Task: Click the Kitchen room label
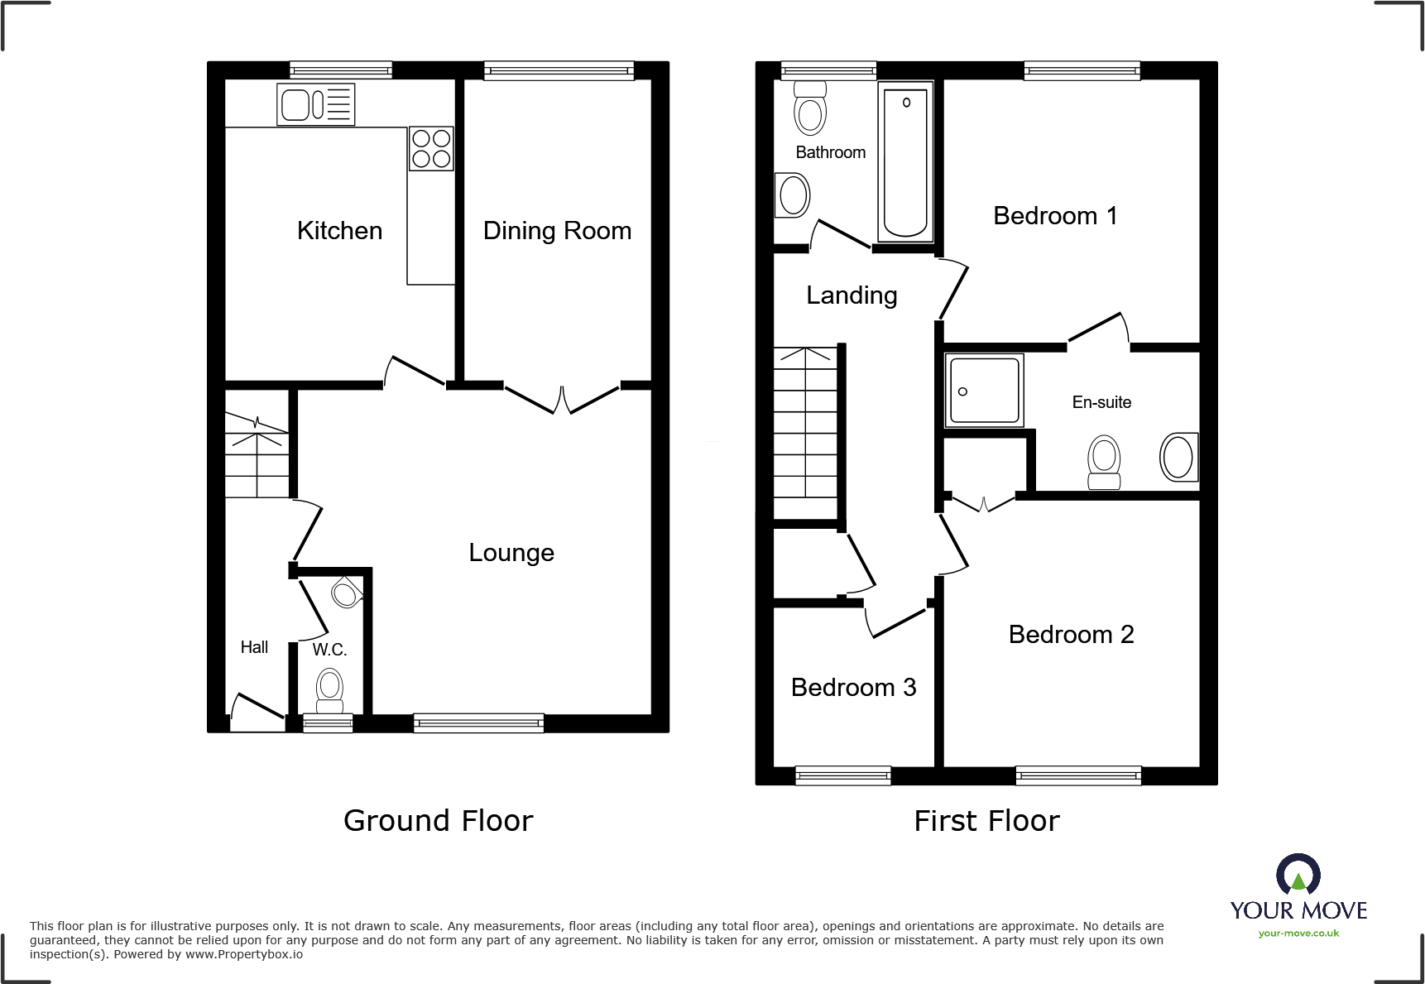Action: click(339, 231)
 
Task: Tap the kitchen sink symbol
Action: click(316, 104)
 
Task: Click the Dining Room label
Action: click(557, 231)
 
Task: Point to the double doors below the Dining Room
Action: click(562, 399)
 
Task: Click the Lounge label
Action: click(511, 553)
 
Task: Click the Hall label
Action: click(254, 647)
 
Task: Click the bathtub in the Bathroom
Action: click(905, 161)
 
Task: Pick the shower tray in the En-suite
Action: click(984, 390)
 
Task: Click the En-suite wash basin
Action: click(1178, 457)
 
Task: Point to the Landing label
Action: click(852, 295)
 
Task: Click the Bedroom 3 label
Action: click(853, 688)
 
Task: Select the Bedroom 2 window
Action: click(1078, 775)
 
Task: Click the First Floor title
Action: click(986, 821)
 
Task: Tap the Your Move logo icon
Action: click(1298, 875)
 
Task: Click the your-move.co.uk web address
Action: click(1298, 934)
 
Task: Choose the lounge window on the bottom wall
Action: click(478, 722)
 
